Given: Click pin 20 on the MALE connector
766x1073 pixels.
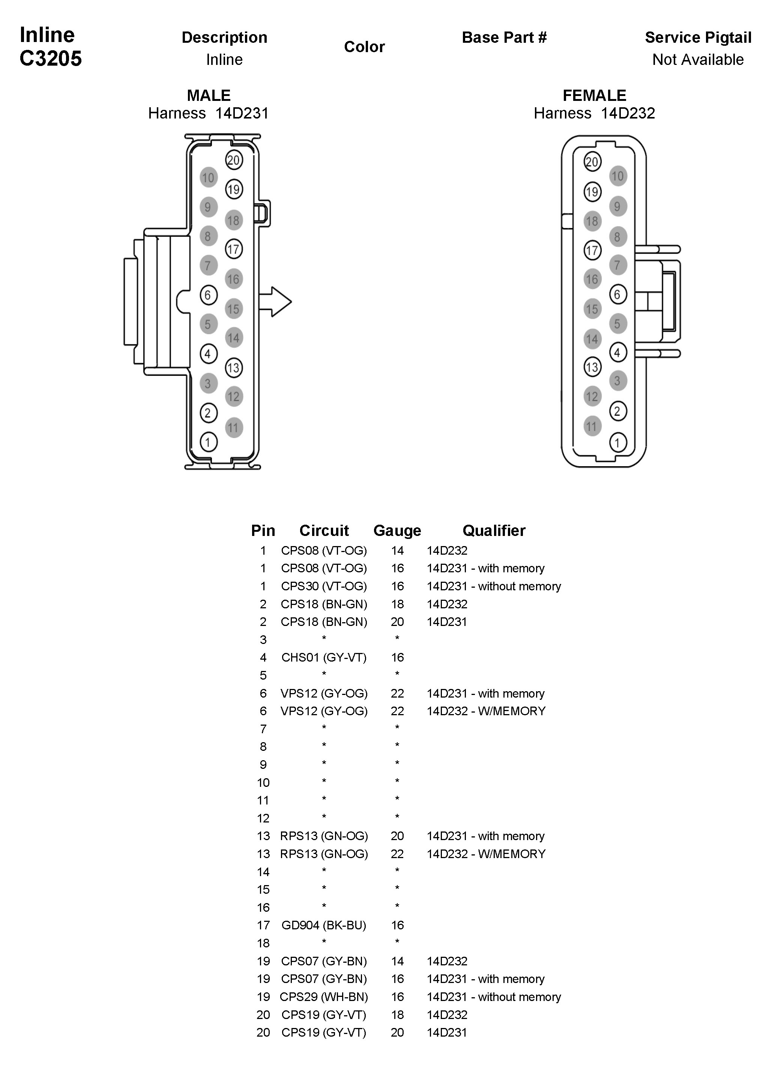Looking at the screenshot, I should (233, 160).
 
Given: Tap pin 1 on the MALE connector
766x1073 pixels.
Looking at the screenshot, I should (208, 442).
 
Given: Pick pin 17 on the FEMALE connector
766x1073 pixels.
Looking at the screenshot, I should (592, 250).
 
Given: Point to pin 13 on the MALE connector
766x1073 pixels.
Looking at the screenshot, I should (233, 368).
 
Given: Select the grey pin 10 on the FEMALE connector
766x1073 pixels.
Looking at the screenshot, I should (617, 176).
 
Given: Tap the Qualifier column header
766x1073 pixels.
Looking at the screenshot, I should (493, 530).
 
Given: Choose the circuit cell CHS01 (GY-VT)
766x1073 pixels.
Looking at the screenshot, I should (324, 657).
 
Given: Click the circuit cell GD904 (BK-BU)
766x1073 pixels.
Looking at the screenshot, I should (324, 925).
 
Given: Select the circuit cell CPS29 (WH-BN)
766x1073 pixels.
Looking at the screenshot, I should (324, 996).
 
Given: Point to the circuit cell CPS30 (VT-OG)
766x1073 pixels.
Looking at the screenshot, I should (324, 586).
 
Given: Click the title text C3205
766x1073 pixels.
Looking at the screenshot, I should (51, 59).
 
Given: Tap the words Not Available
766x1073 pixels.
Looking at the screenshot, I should (698, 60).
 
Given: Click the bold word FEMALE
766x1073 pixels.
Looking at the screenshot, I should (594, 96).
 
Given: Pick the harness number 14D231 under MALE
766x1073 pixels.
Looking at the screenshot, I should (242, 113).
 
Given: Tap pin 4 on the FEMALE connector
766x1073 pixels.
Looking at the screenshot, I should (617, 352).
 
